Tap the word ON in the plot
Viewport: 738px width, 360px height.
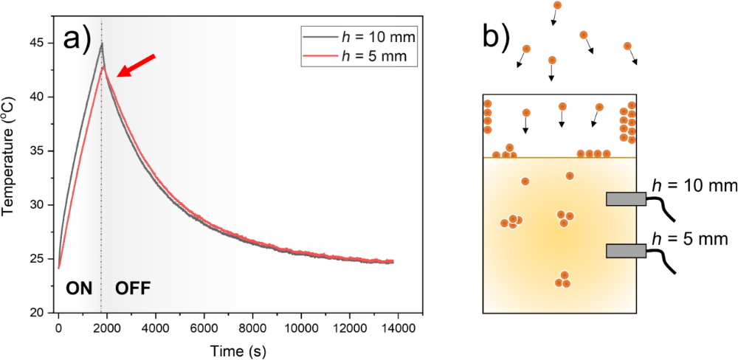pyautogui.click(x=80, y=288)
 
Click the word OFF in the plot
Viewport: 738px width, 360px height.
pyautogui.click(x=133, y=288)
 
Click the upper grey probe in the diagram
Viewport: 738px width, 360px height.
pyautogui.click(x=626, y=198)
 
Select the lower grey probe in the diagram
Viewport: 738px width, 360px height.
pyautogui.click(x=626, y=252)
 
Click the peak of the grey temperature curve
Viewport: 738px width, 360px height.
pyautogui.click(x=102, y=43)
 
